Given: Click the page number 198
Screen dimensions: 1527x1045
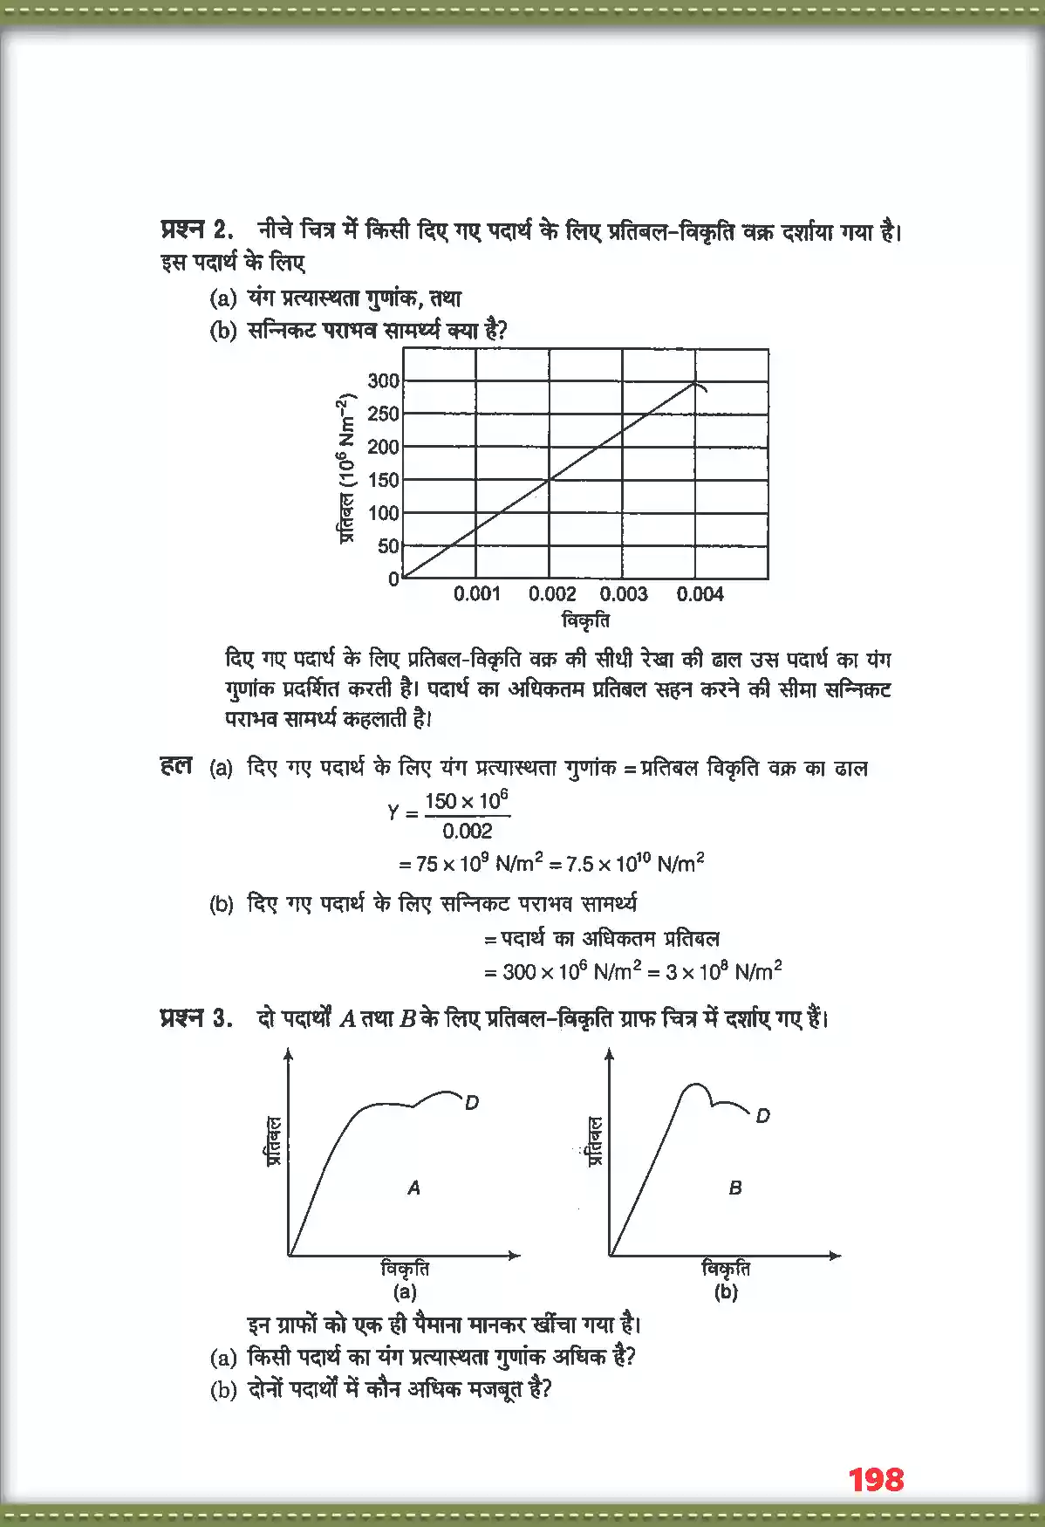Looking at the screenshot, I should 876,1479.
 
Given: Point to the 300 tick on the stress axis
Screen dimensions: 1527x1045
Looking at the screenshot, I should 383,380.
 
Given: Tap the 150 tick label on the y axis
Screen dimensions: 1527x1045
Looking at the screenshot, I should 383,479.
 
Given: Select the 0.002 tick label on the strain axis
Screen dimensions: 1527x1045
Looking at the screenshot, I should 552,594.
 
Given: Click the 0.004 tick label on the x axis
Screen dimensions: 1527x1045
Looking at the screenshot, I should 700,594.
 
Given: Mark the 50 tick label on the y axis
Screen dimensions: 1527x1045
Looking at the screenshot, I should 388,546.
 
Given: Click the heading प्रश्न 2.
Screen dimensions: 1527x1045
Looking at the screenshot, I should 196,229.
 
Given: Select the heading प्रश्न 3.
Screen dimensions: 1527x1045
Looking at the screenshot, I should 196,1017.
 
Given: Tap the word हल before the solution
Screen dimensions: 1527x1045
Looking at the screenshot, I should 175,766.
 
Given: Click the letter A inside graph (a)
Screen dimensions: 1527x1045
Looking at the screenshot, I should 413,1188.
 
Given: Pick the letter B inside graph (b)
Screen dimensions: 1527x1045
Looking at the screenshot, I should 735,1188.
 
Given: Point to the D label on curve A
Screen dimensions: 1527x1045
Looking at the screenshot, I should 472,1102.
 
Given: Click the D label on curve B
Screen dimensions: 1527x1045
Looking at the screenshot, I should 762,1115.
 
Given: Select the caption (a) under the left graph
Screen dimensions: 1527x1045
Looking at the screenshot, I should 405,1292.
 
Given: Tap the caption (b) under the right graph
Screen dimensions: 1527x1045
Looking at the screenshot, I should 726,1292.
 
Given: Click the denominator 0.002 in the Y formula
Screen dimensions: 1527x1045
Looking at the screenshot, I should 467,831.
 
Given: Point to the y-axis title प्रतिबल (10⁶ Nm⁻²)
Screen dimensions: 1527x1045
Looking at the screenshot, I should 346,469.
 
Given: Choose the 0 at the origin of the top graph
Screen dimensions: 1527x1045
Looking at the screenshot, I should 393,579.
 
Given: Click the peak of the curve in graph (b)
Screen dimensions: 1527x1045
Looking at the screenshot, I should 694,1085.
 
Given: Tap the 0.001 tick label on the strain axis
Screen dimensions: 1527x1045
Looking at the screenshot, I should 477,594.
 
